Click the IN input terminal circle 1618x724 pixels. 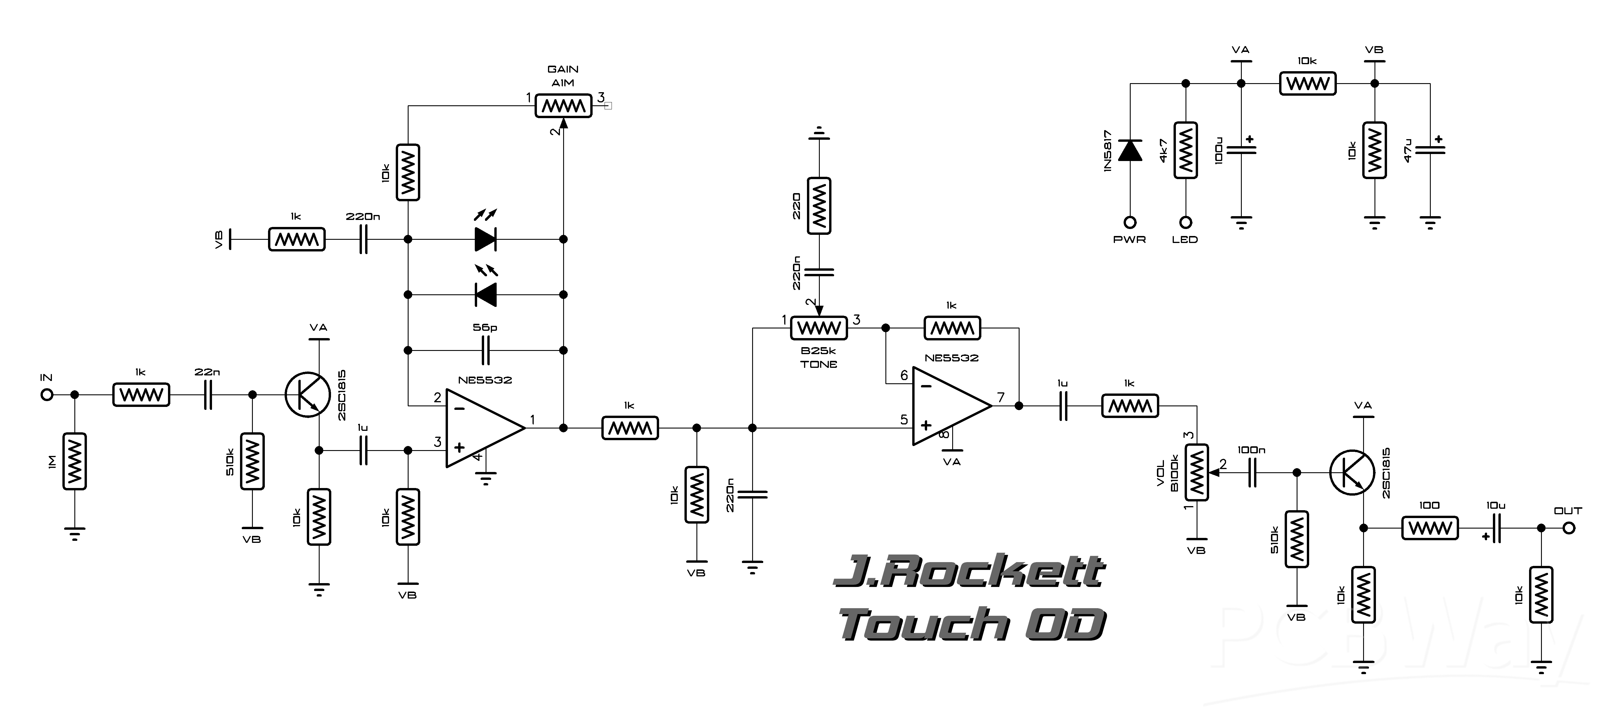click(x=46, y=395)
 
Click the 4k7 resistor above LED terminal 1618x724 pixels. click(x=1185, y=150)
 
